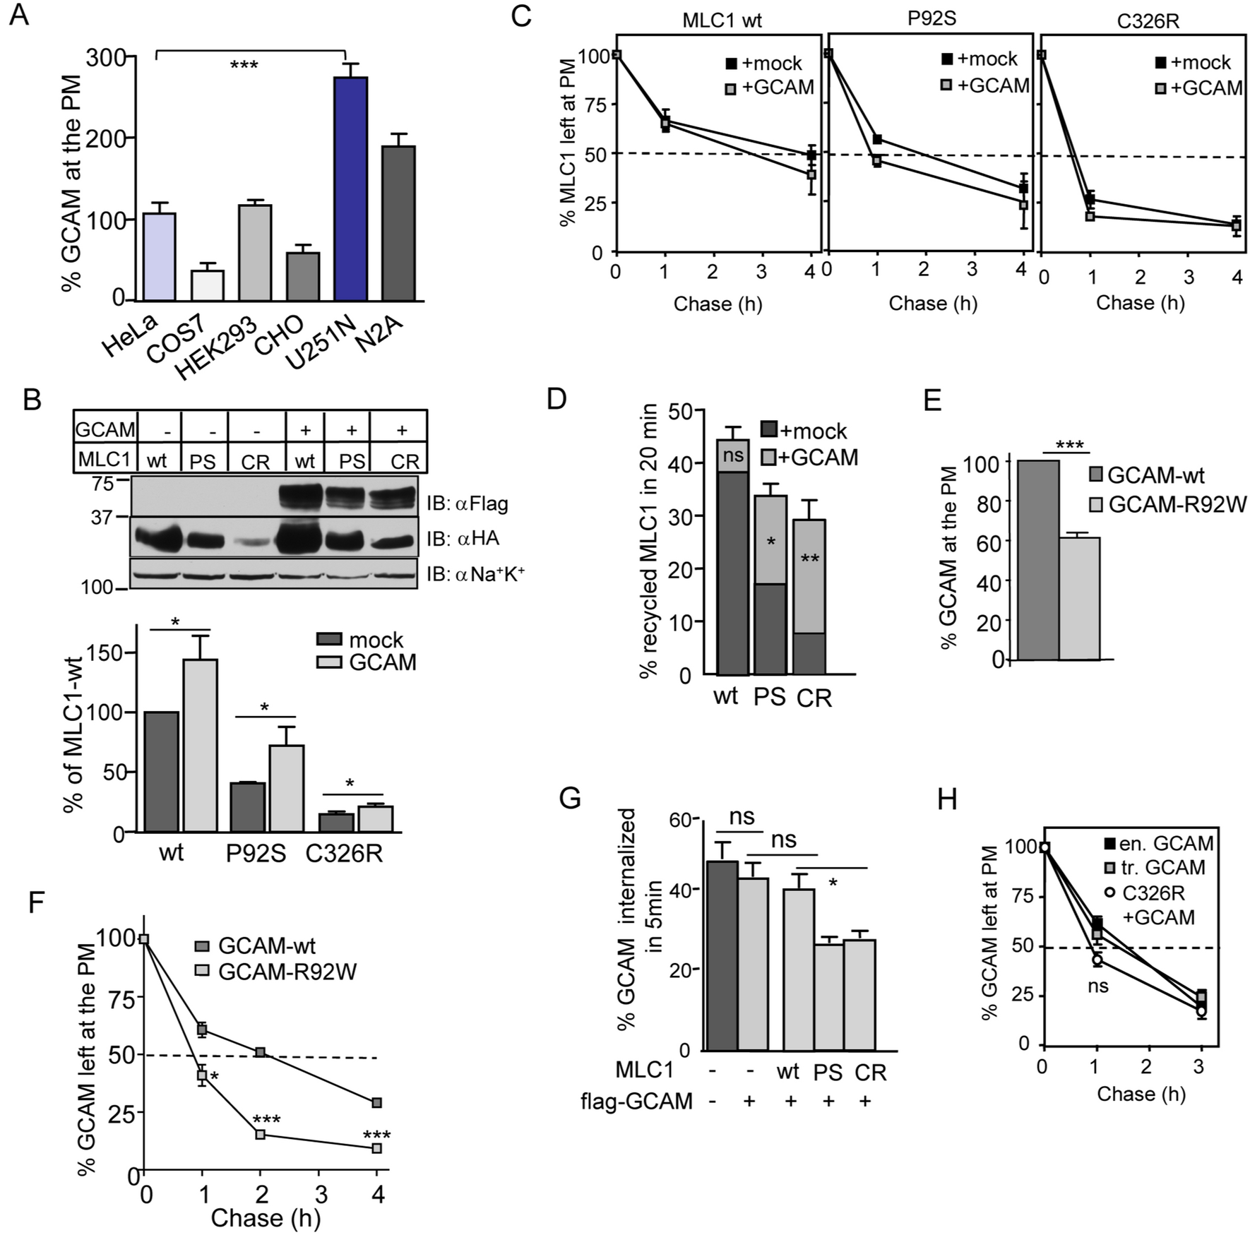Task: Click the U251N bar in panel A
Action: [350, 189]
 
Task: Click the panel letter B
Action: [32, 400]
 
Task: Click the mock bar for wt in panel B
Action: [161, 771]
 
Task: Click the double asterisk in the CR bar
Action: [809, 560]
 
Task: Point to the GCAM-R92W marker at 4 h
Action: [377, 1148]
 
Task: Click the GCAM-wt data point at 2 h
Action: [261, 1052]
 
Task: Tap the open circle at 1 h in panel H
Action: [1097, 960]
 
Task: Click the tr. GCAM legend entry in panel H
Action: [1155, 867]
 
